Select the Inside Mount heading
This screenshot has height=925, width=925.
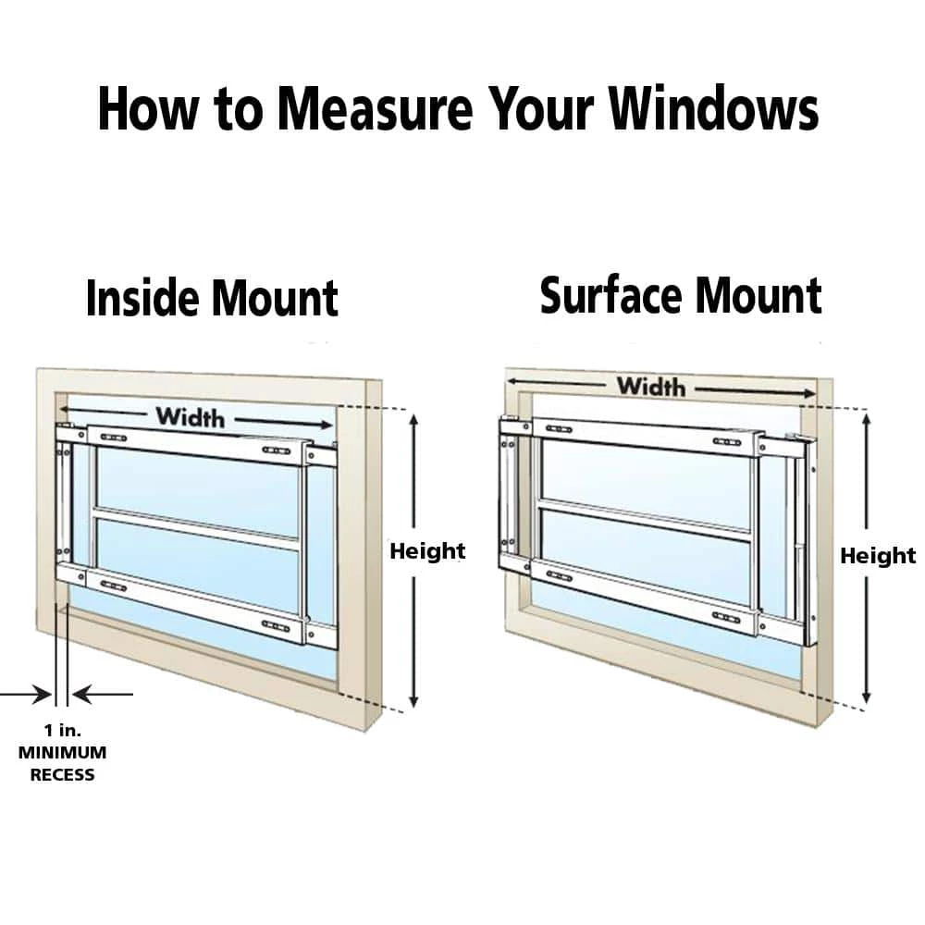[212, 299]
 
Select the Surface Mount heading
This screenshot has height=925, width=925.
[680, 296]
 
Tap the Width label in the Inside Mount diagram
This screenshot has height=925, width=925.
[190, 417]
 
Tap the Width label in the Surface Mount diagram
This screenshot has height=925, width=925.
[651, 386]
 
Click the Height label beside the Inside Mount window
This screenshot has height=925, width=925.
[426, 551]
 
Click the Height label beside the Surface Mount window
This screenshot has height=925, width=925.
[877, 556]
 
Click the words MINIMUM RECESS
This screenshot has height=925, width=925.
[62, 763]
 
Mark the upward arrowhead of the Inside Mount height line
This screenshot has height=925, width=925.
[414, 421]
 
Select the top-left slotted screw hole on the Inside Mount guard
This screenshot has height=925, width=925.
[114, 437]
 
